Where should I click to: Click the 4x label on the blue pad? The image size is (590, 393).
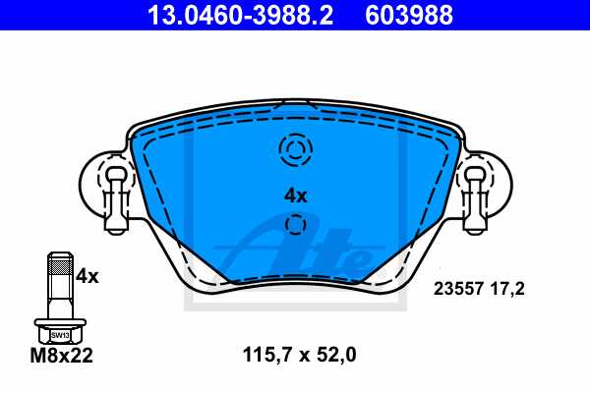295,196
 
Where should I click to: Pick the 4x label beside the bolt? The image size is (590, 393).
88,276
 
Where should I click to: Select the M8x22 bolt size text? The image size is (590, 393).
61,357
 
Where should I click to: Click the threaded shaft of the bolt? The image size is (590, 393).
60,285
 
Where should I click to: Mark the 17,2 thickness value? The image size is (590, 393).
508,289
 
